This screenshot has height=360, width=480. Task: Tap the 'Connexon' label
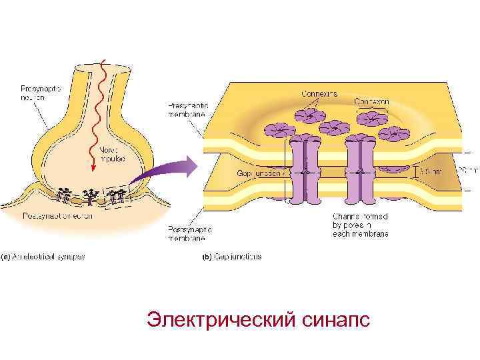371,101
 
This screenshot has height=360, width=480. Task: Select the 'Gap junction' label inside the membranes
261,173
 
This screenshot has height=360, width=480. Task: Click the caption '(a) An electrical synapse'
43,256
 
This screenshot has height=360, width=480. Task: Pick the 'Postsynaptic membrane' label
187,232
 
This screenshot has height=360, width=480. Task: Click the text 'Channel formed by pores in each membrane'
359,225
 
